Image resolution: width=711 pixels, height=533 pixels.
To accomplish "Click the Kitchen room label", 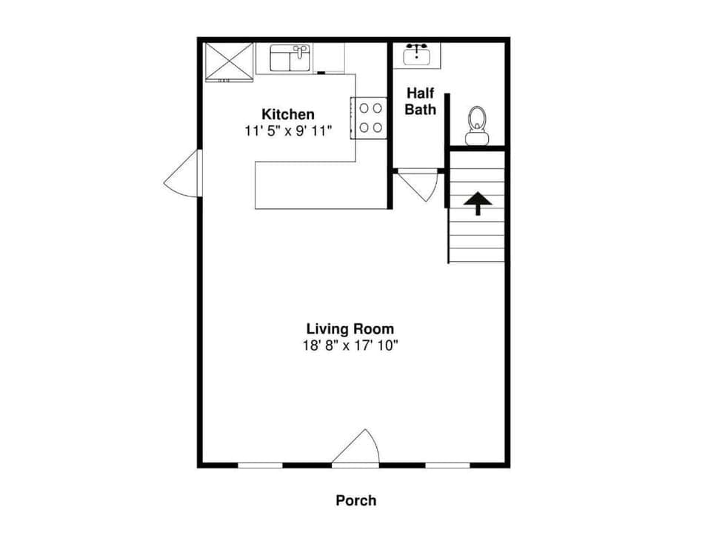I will (x=288, y=114).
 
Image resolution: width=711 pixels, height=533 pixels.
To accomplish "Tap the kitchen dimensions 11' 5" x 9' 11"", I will (x=288, y=131).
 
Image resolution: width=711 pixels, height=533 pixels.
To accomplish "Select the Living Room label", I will (x=350, y=328).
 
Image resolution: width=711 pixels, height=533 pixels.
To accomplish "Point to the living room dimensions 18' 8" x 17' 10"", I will (x=350, y=345).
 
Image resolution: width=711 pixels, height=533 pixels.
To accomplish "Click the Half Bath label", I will (x=420, y=102).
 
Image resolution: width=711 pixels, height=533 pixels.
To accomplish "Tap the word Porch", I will (x=356, y=500).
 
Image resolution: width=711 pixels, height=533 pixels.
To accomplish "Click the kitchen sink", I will (x=290, y=58).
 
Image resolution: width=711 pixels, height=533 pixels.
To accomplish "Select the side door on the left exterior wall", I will (x=183, y=175).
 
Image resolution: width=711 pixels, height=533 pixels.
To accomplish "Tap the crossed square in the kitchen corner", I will (x=229, y=60).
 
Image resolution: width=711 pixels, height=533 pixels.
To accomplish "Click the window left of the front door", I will (x=261, y=465).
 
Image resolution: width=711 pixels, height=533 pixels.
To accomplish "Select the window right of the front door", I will (x=447, y=465).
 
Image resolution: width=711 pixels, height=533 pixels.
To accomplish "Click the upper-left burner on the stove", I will (x=364, y=108).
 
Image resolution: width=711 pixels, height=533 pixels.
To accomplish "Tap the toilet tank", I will (x=477, y=138).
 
